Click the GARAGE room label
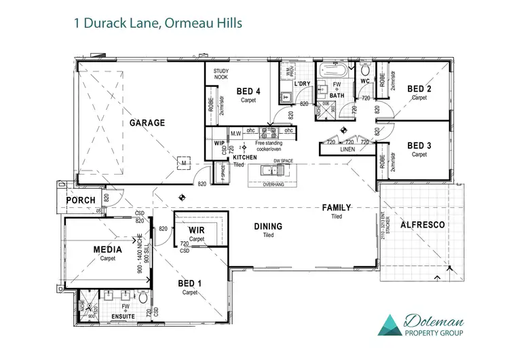[x=147, y=123]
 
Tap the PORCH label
[x=80, y=200]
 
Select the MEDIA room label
[x=108, y=250]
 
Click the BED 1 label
[x=189, y=284]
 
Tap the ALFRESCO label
[x=421, y=224]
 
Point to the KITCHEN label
[x=245, y=157]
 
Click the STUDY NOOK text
[x=221, y=74]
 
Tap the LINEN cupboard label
[x=347, y=149]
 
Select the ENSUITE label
[x=123, y=317]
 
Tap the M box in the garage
[x=183, y=163]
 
